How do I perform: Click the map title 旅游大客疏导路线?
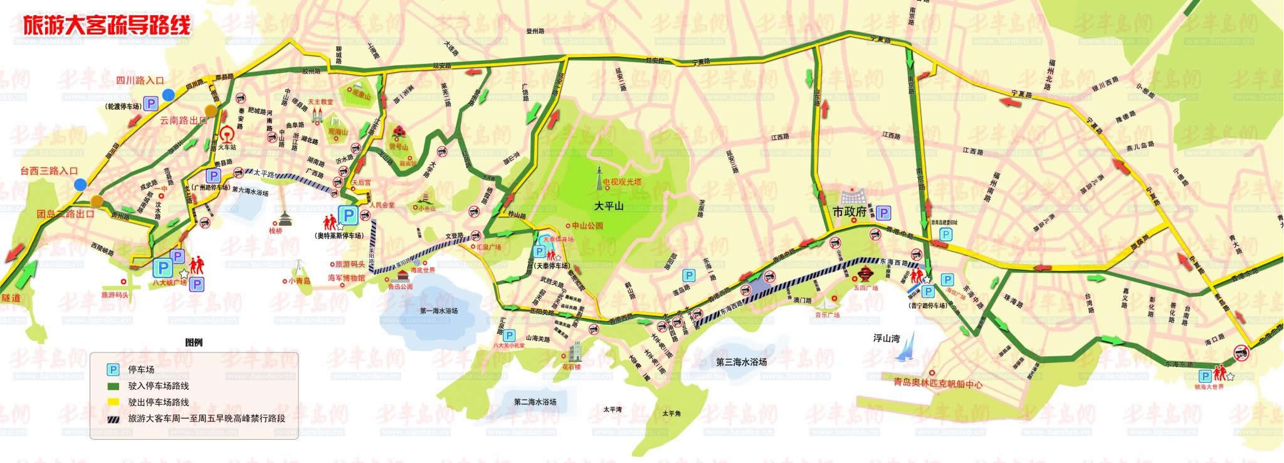point(106,25)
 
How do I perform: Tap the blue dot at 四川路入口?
point(168,95)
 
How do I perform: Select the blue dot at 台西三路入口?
point(80,184)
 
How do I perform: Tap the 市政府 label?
point(848,213)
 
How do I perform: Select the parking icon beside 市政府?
point(883,213)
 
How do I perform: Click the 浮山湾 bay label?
point(887,339)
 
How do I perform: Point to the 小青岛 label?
point(300,282)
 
